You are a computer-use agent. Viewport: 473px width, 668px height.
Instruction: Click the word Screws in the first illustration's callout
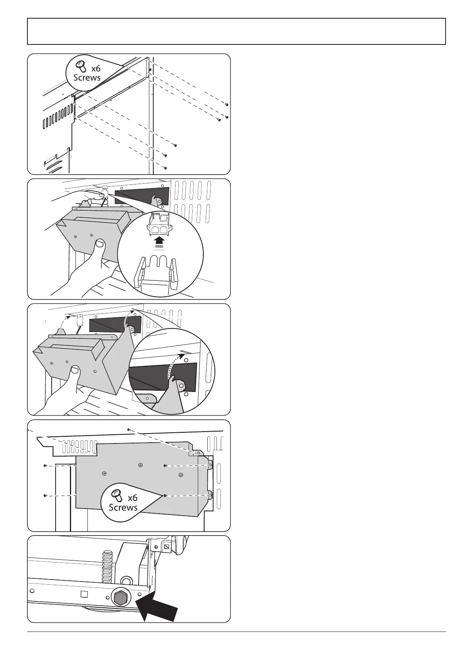(x=87, y=77)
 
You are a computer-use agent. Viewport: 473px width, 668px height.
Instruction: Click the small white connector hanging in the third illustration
(x=79, y=319)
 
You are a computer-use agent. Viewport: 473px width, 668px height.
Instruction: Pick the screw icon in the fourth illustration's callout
(x=116, y=494)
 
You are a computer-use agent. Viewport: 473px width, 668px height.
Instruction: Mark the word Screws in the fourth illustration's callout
(x=123, y=507)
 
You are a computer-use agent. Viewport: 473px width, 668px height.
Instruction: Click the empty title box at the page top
(x=236, y=31)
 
